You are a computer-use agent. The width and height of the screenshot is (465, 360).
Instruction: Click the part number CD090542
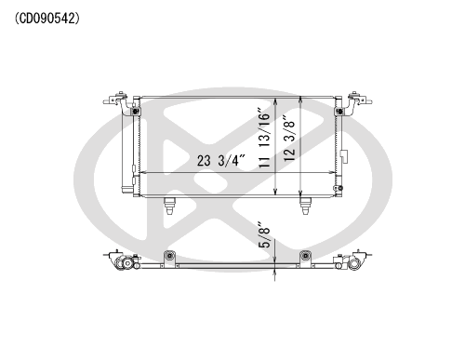coord(47,19)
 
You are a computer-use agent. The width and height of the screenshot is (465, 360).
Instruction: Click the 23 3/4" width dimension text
coord(220,160)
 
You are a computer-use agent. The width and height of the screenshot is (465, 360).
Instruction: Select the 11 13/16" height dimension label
coord(265,138)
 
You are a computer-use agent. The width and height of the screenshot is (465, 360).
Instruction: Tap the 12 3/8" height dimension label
coord(289,139)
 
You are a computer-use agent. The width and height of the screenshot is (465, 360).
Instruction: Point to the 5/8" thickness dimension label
coord(265,234)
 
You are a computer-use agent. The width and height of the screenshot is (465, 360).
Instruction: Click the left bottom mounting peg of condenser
coord(169,206)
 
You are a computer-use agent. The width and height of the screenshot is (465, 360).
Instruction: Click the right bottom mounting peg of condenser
coord(305,206)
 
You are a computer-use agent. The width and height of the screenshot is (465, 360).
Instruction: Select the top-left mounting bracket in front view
coord(119,102)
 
